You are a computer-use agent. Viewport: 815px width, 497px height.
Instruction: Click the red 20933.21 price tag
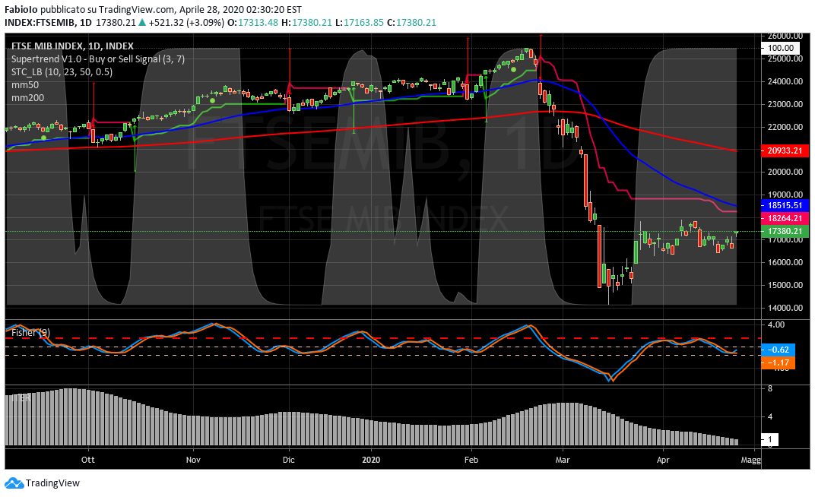click(784, 151)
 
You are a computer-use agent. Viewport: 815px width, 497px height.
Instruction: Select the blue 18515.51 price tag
click(784, 205)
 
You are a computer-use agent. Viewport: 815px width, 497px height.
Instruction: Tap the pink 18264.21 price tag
click(784, 218)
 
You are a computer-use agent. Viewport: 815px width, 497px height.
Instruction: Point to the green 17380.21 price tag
click(784, 231)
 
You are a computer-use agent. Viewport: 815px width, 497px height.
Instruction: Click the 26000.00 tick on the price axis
click(784, 36)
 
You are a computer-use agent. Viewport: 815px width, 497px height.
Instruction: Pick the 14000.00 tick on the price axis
click(784, 308)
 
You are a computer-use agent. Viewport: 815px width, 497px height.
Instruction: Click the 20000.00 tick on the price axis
click(784, 172)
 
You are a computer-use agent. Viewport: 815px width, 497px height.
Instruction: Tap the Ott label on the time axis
click(88, 460)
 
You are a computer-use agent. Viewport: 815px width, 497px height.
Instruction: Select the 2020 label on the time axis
click(371, 460)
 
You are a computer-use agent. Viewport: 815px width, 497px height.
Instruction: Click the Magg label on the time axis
click(750, 460)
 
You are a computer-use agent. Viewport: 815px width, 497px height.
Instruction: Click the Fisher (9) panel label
click(30, 332)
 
